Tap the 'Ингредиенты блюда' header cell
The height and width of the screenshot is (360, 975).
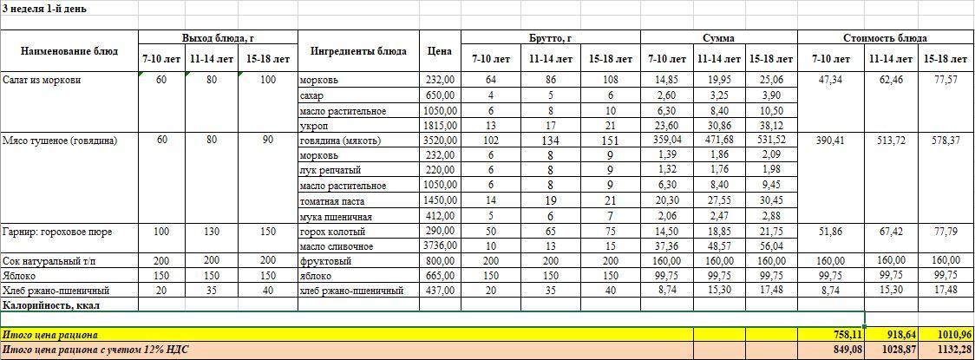(x=358, y=51)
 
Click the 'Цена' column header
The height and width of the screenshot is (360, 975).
(x=439, y=51)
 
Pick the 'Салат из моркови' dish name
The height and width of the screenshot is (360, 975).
(x=42, y=80)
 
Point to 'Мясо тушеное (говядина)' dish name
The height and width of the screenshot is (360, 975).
(x=60, y=141)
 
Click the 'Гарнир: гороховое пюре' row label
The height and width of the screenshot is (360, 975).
(x=57, y=232)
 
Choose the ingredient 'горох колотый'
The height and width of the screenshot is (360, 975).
(x=332, y=232)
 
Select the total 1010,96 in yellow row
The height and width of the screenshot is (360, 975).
(x=946, y=334)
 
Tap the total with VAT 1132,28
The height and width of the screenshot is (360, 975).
(x=946, y=350)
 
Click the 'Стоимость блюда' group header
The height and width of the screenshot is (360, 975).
(x=885, y=38)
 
